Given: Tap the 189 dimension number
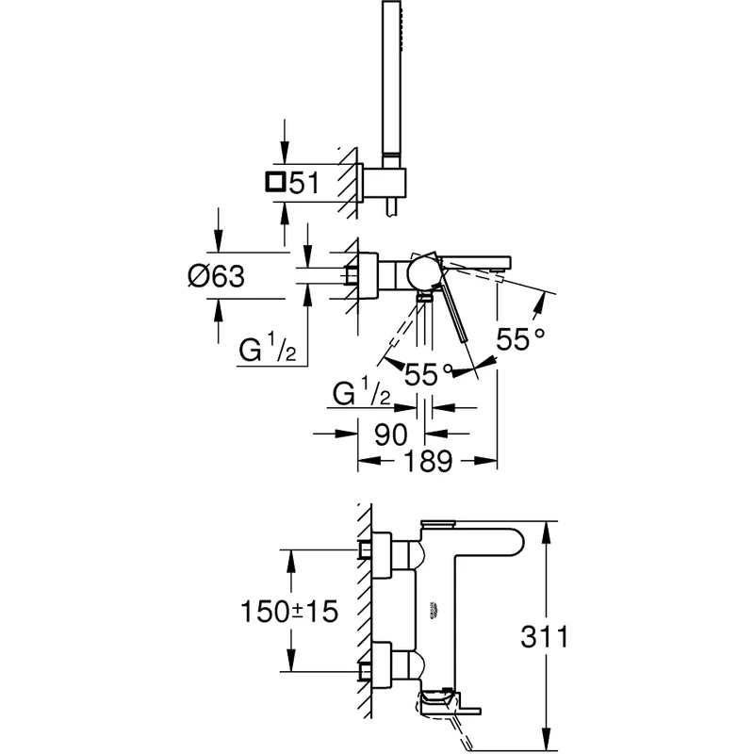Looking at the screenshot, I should tap(425, 462).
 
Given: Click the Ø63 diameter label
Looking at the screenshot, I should tap(216, 276).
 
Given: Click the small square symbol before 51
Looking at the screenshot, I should tap(275, 182).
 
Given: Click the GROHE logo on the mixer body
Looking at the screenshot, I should tap(436, 609).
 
